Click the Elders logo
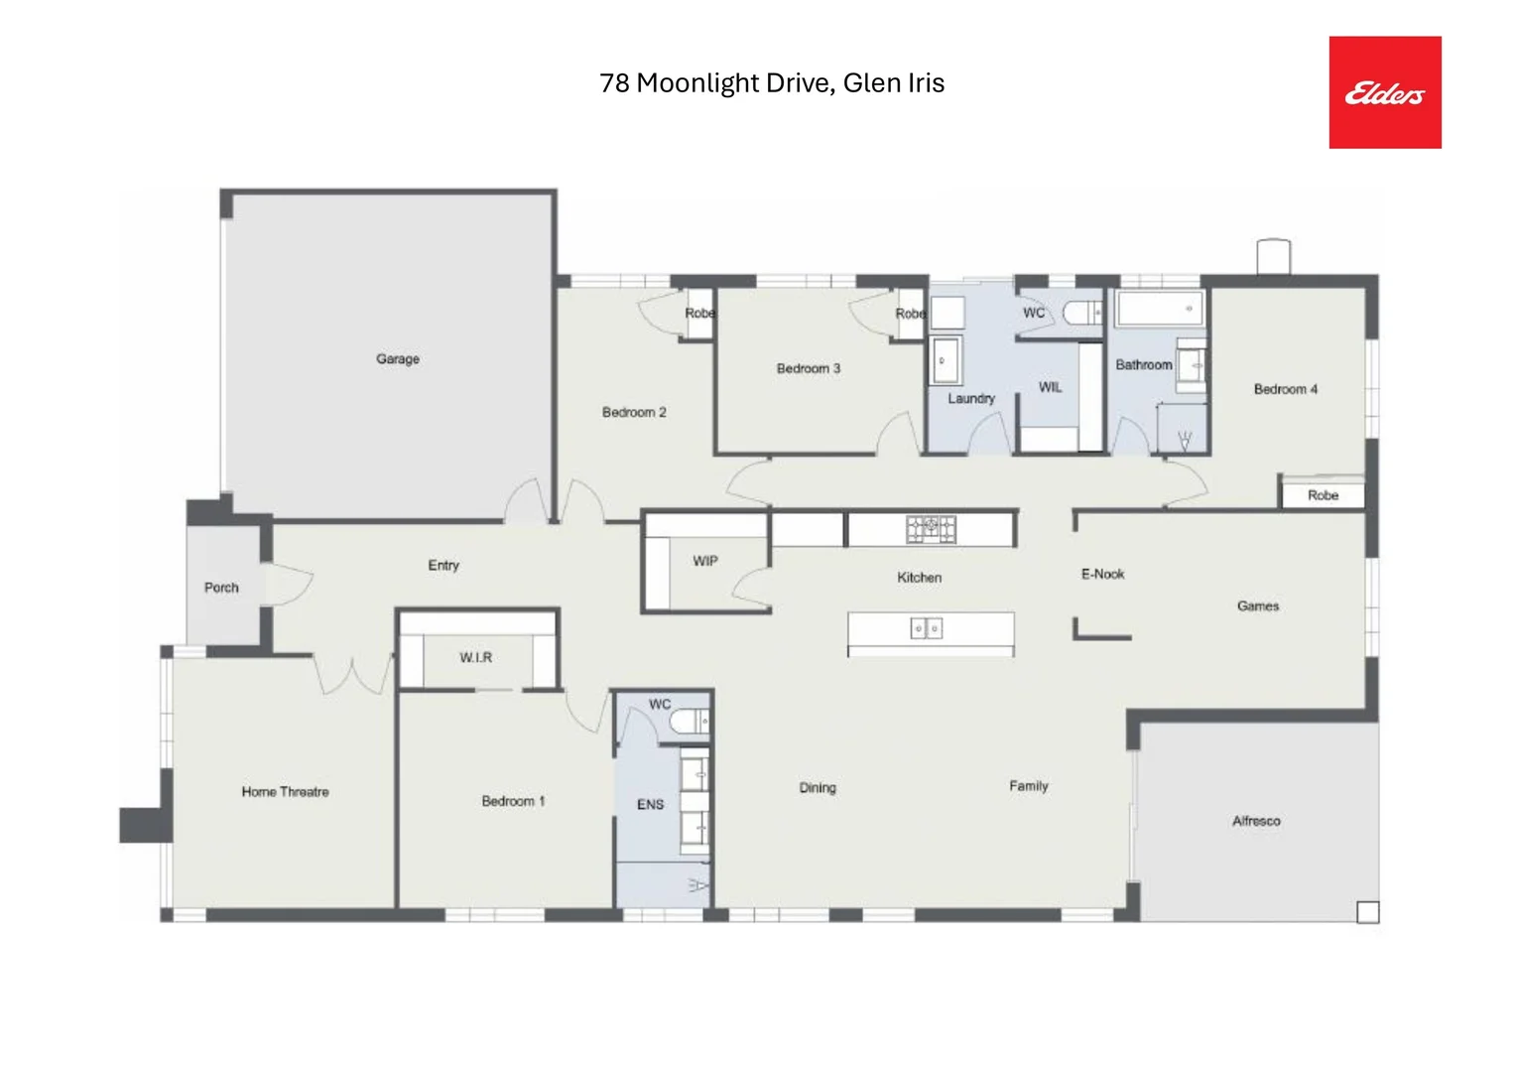pyautogui.click(x=1384, y=92)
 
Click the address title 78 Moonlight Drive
pyautogui.click(x=771, y=82)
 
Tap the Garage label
pyautogui.click(x=397, y=358)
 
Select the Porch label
pyautogui.click(x=221, y=588)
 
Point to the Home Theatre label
pyautogui.click(x=285, y=791)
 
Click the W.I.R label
pyautogui.click(x=475, y=657)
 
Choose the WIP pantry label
pyautogui.click(x=704, y=561)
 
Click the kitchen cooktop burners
pyautogui.click(x=930, y=528)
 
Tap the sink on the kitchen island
pyautogui.click(x=926, y=628)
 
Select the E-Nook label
pyautogui.click(x=1102, y=574)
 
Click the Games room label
pyautogui.click(x=1257, y=605)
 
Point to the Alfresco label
pyautogui.click(x=1255, y=821)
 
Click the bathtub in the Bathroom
pyautogui.click(x=1159, y=308)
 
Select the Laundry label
pyautogui.click(x=970, y=398)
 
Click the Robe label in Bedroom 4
pyautogui.click(x=1322, y=495)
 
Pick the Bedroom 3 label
pyautogui.click(x=808, y=368)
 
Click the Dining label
pyautogui.click(x=818, y=787)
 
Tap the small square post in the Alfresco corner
pyautogui.click(x=1367, y=911)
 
